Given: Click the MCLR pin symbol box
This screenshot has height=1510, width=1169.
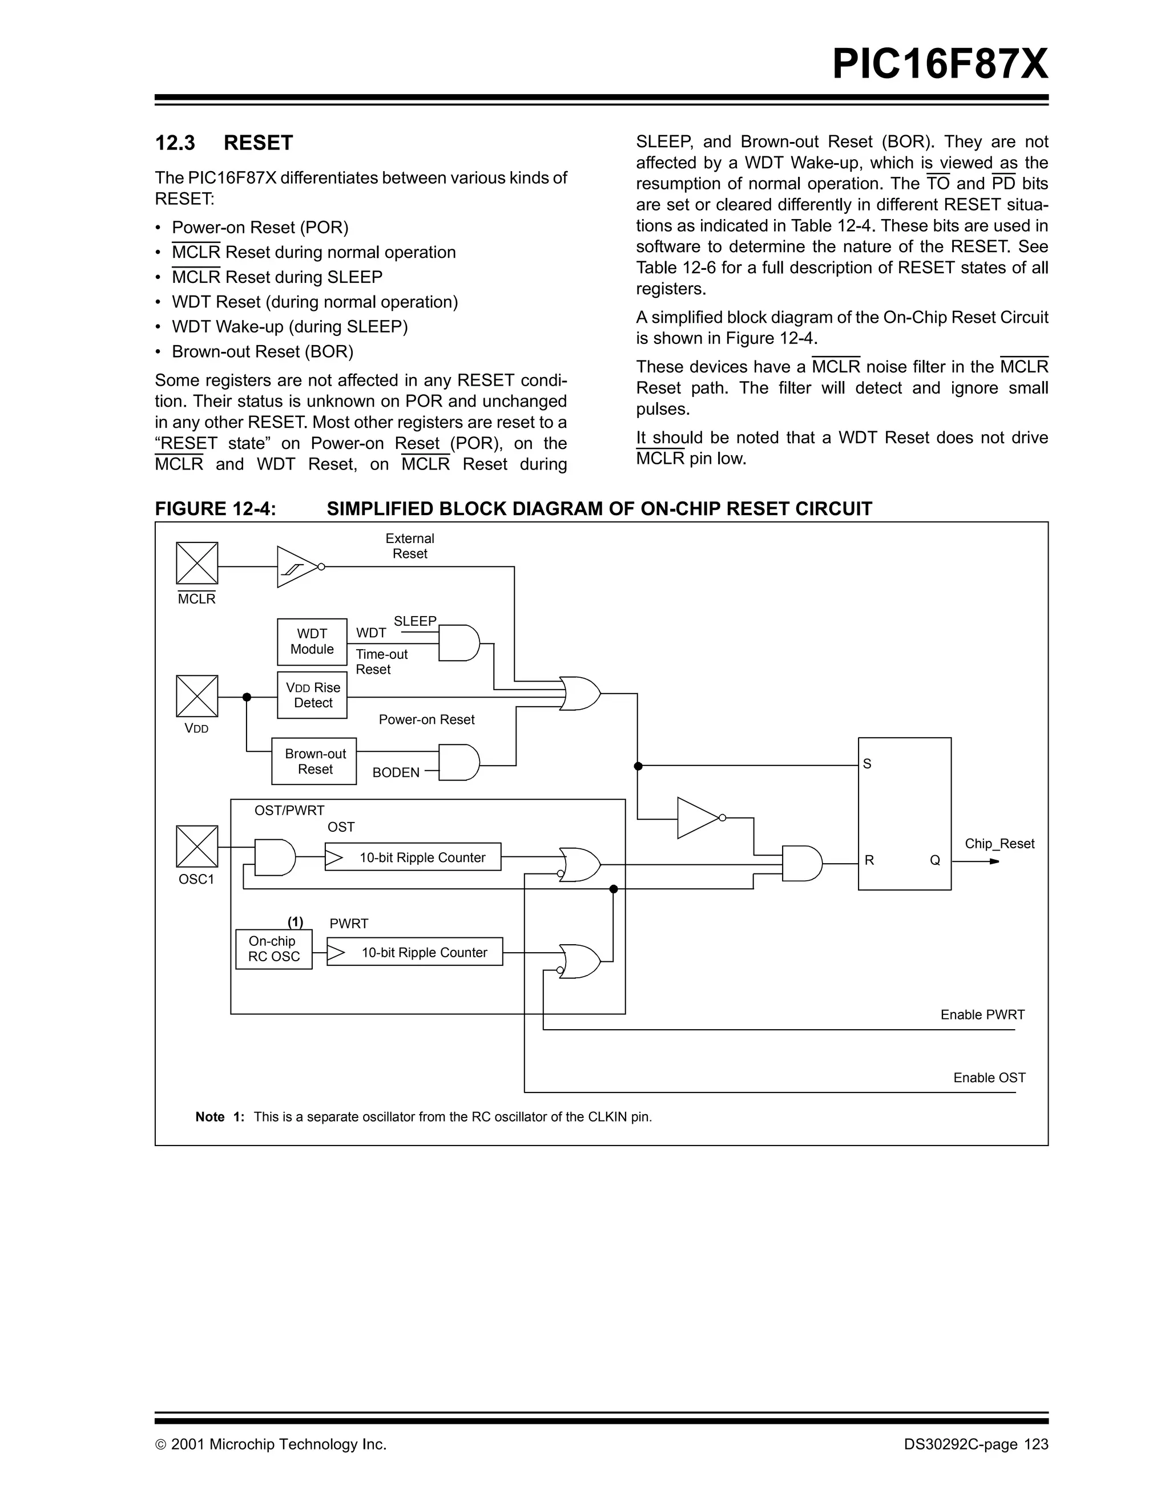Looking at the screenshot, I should click(196, 563).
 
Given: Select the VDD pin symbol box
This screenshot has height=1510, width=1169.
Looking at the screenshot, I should click(196, 696).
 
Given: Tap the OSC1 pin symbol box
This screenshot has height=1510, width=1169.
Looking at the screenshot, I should click(196, 846).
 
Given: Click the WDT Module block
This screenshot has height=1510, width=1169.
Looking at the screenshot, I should click(312, 642).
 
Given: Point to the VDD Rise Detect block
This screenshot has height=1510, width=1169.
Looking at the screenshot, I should click(312, 695).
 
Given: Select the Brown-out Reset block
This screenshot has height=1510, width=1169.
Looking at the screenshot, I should click(314, 761).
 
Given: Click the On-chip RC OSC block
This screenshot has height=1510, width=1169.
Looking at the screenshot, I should click(274, 949).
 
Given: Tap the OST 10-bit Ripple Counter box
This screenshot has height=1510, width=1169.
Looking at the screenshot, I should click(413, 857).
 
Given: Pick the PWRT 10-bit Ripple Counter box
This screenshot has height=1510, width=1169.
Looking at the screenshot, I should click(415, 952).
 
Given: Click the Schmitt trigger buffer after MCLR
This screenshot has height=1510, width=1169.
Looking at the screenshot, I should click(296, 567).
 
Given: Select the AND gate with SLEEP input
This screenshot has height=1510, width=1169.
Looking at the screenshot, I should click(458, 643).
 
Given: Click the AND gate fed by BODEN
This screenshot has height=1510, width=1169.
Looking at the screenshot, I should click(458, 763).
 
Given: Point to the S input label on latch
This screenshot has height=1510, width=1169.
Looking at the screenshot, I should click(868, 764).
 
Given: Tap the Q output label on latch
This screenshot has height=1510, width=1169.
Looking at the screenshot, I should click(934, 860).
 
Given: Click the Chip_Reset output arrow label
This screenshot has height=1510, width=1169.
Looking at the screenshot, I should click(999, 844).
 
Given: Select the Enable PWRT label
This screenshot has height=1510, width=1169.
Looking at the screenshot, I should click(982, 1014).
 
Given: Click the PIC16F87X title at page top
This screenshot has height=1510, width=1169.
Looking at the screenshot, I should click(940, 64).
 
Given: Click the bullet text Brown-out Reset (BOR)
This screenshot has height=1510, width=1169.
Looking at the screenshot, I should click(262, 351).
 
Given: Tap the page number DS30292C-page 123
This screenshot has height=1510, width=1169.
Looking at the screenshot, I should click(975, 1444).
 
